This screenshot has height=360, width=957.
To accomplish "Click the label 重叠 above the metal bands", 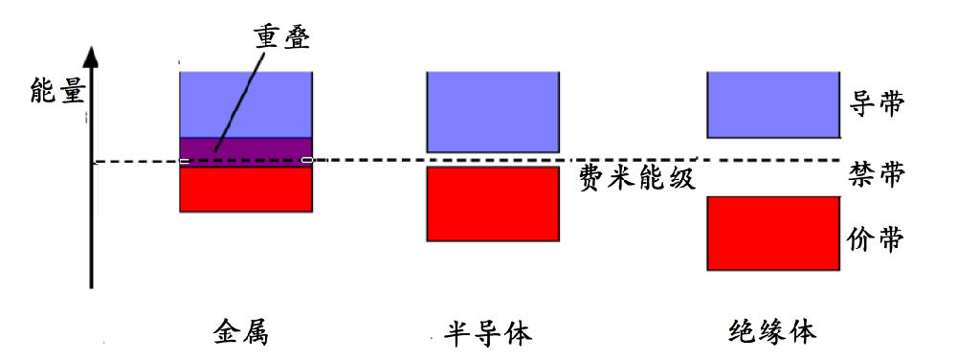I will (282, 36).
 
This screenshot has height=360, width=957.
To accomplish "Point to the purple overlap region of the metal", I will (246, 151).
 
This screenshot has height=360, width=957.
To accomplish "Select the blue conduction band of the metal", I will (246, 104).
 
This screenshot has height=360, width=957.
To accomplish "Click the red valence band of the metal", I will (246, 189).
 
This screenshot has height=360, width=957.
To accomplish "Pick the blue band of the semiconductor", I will (492, 111).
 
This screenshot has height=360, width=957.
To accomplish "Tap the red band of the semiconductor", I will (492, 204).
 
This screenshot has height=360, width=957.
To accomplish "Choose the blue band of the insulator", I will (772, 104).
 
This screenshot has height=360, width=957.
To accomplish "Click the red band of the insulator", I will (772, 234).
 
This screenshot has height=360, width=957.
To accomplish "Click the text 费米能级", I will (636, 178).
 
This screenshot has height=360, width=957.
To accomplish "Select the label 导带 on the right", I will (876, 103).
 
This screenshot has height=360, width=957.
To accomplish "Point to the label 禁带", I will (876, 173).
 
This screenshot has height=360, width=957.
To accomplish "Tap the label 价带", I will (876, 238).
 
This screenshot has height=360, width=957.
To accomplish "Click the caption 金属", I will (240, 332).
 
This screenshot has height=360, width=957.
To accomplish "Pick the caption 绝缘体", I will (772, 332).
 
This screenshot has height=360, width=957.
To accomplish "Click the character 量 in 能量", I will (71, 93).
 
